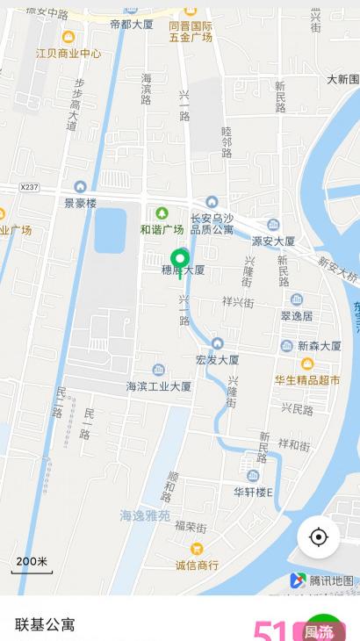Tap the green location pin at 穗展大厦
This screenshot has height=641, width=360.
(180, 260)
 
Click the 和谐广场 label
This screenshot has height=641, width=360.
(162, 229)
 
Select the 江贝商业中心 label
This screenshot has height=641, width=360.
(68, 53)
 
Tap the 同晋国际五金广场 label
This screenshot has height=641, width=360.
(191, 32)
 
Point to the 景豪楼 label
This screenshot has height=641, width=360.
(80, 202)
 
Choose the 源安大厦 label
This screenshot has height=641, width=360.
(273, 240)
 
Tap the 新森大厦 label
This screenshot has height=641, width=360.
(319, 346)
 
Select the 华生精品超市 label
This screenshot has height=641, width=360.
(307, 379)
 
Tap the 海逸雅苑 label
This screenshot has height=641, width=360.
(145, 516)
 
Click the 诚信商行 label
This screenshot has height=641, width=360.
(197, 565)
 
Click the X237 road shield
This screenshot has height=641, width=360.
(31, 187)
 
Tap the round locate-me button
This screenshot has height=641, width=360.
(318, 537)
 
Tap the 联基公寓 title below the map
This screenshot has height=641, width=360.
(45, 624)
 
